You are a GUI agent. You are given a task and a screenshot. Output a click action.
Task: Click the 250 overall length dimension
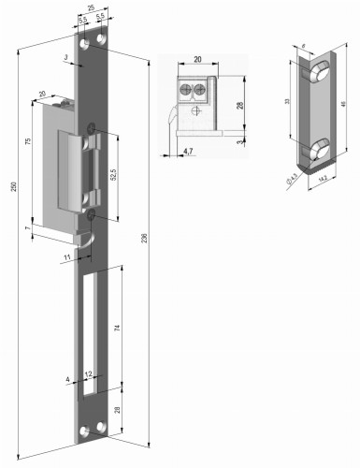13,188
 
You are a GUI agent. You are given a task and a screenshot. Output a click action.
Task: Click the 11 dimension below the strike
67,256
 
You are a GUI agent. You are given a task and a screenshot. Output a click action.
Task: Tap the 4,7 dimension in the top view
187,150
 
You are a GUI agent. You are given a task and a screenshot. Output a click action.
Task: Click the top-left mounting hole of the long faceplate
84,43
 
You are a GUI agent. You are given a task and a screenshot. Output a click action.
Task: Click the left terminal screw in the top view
186,91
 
